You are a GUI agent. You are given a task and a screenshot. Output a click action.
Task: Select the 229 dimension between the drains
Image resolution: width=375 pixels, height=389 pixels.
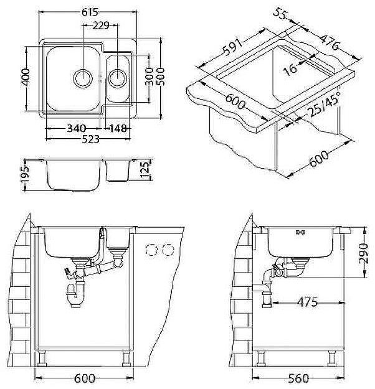(100, 26)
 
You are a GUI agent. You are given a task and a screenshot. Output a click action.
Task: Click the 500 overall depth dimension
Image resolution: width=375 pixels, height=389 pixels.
(163, 78)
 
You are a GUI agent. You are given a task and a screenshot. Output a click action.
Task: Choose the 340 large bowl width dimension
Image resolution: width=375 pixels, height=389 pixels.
(75, 129)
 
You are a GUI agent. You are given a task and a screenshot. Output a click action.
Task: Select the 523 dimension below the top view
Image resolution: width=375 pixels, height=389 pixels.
(90, 141)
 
